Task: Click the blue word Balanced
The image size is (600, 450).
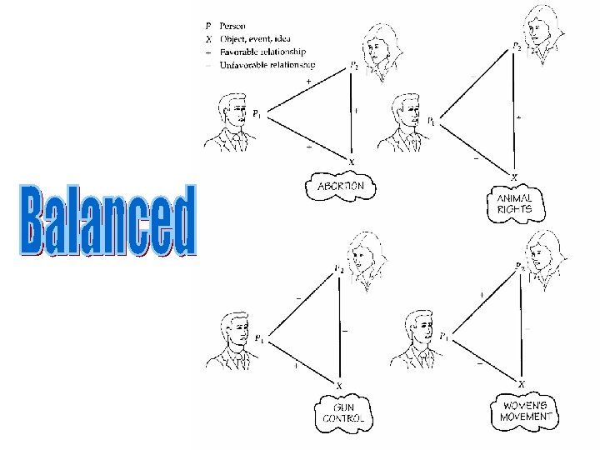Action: pos(107,220)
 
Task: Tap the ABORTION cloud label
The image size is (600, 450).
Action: pos(339,187)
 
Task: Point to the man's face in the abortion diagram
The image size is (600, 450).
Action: pos(233,116)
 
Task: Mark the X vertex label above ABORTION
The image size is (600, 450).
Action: pos(352,162)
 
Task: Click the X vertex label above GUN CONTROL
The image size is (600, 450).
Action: pos(339,384)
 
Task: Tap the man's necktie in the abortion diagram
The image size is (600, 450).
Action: pos(237,143)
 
